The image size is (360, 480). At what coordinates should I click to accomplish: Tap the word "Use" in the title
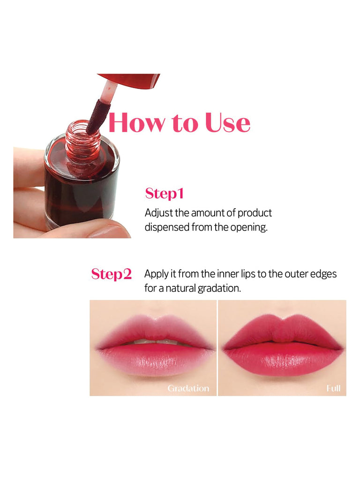(x=228, y=123)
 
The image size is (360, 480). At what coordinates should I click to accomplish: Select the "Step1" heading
(x=165, y=194)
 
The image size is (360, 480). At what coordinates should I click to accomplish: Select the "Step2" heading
(x=112, y=274)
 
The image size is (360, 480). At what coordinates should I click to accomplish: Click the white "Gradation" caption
(x=188, y=388)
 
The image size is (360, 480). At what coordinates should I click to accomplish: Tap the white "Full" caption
(x=333, y=388)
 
